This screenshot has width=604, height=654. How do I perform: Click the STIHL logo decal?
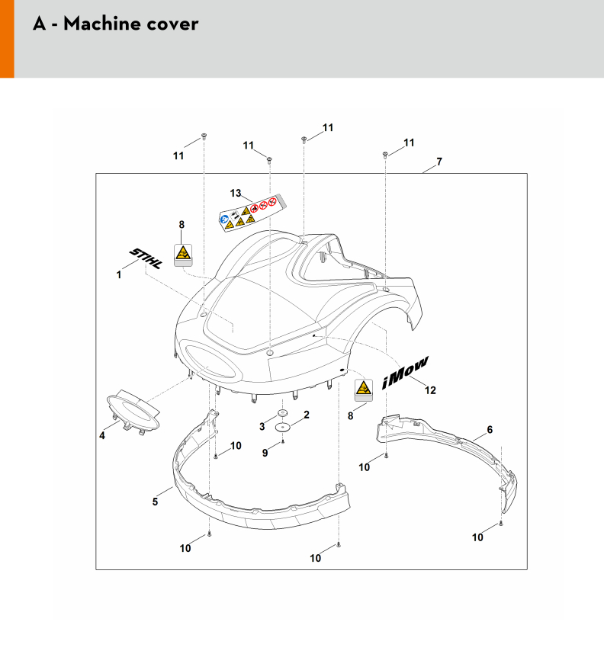(x=145, y=258)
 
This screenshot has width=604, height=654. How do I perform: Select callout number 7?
(x=439, y=162)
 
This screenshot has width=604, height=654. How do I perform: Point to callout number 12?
(x=430, y=391)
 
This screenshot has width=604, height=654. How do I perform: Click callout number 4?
(x=101, y=436)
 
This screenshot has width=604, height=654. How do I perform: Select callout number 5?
(x=156, y=502)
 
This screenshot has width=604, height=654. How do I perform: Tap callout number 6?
(x=490, y=429)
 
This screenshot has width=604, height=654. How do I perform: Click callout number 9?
(x=265, y=453)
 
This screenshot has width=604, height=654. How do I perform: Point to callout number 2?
(x=307, y=415)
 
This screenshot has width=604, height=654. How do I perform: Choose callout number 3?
(x=262, y=425)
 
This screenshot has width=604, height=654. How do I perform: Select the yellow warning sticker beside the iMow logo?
(x=363, y=390)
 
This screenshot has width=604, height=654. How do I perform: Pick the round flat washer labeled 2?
(x=284, y=428)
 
